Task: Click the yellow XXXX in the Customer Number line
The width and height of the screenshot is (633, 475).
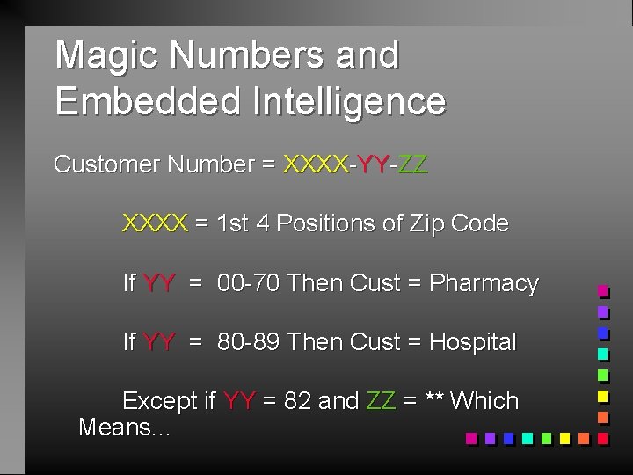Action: point(315,164)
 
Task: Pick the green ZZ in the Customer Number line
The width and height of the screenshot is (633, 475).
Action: point(412,164)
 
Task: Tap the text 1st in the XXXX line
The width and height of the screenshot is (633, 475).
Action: point(231,223)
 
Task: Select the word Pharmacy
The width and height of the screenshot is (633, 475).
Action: point(484,283)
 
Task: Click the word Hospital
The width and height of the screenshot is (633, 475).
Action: point(473,342)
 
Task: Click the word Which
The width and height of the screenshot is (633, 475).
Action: point(484,401)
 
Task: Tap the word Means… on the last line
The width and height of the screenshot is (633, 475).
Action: point(124,428)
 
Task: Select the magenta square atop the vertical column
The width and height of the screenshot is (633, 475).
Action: point(603,290)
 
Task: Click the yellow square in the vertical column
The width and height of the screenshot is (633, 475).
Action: point(603,396)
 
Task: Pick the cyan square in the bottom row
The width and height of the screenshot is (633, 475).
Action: point(527,437)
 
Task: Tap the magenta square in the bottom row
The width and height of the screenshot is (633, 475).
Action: point(470,437)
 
